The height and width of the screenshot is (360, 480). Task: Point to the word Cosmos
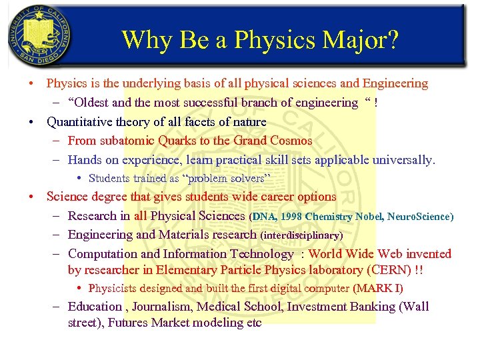click(x=291, y=141)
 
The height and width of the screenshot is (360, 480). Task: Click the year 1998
click(x=293, y=217)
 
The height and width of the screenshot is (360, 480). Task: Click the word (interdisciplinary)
click(x=301, y=235)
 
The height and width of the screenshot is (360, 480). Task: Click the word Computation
click(x=103, y=254)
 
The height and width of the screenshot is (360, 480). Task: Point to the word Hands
click(x=84, y=160)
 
